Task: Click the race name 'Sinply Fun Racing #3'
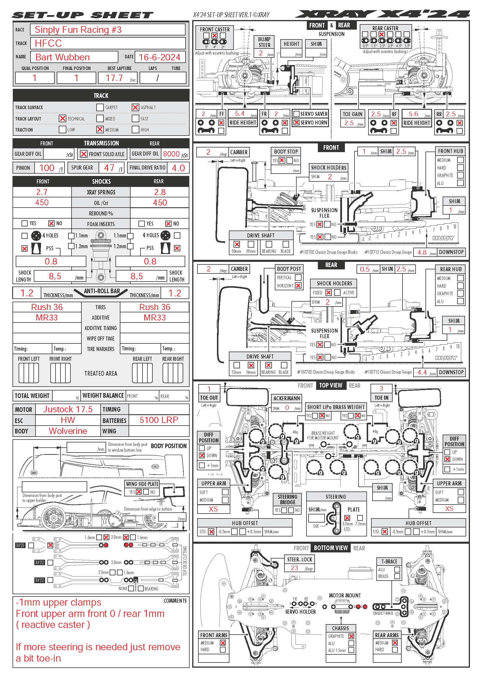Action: click(78, 30)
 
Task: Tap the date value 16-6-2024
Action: click(159, 57)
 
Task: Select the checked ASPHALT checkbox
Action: click(135, 107)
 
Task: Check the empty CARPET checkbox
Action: click(100, 107)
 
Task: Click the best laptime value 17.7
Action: click(114, 78)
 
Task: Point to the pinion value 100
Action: click(47, 168)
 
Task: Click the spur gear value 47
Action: click(109, 168)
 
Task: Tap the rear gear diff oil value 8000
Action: click(171, 154)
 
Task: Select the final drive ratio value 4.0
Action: click(178, 168)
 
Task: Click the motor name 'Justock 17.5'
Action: click(68, 409)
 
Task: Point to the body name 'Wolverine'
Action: click(68, 431)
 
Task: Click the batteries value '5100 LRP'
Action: click(159, 420)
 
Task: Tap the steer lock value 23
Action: click(294, 568)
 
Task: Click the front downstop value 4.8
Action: click(422, 252)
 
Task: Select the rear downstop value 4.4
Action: click(422, 372)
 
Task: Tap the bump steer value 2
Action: click(261, 53)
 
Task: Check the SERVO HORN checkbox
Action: click(296, 123)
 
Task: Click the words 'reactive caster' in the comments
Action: click(53, 625)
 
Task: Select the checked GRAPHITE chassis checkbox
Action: click(351, 636)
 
